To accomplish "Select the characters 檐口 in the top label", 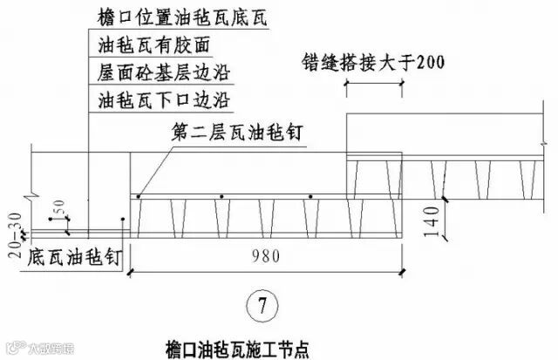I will pos(110,16).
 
